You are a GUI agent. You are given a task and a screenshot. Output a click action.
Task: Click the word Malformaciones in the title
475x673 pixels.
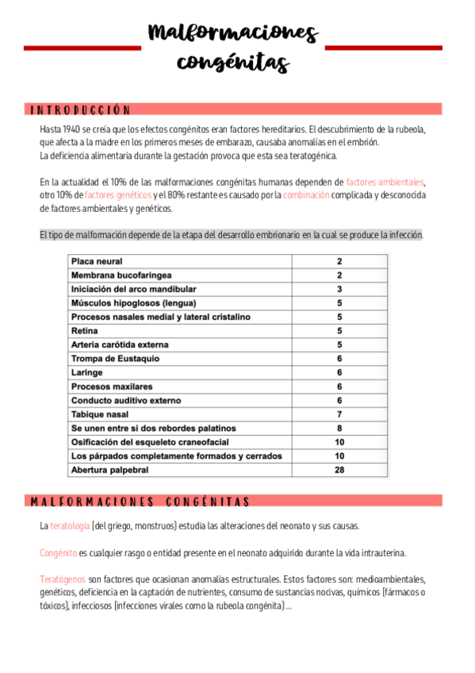click(x=233, y=33)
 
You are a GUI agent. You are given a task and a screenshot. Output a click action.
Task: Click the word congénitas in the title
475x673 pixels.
click(x=233, y=61)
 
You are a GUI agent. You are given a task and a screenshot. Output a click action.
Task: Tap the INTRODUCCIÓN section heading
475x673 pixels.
click(x=79, y=110)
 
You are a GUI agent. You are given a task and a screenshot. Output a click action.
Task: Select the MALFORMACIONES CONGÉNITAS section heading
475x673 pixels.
click(x=140, y=501)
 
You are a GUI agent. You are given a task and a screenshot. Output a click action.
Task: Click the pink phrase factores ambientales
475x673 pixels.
click(x=385, y=182)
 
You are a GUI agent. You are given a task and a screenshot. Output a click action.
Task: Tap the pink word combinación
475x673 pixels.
click(x=306, y=195)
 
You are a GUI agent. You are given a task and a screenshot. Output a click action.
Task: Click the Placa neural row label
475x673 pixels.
click(x=97, y=261)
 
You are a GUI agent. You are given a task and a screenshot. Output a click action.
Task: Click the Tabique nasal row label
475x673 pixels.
click(x=100, y=414)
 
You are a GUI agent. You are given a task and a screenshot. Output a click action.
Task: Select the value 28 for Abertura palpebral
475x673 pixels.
click(x=339, y=470)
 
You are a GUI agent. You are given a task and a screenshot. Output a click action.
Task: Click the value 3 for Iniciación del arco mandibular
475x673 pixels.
click(x=339, y=289)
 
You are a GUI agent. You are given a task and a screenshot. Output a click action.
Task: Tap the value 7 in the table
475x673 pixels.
click(x=339, y=414)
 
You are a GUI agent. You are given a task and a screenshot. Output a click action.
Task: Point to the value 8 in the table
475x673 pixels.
click(x=339, y=428)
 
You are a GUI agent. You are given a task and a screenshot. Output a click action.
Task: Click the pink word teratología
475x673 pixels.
click(x=70, y=525)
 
